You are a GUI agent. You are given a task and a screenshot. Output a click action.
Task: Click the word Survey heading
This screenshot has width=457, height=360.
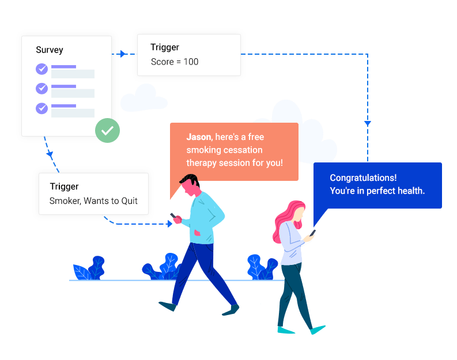point(50,50)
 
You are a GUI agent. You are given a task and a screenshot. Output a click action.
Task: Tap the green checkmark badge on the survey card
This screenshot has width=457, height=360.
point(107,131)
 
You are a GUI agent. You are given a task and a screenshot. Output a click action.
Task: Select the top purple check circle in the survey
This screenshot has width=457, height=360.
point(41,69)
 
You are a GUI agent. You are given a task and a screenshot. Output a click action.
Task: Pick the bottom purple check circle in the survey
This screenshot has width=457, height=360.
point(41,108)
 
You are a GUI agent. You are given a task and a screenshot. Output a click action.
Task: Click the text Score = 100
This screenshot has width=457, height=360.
point(174,62)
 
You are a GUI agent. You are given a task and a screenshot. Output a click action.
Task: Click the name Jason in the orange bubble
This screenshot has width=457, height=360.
point(198,137)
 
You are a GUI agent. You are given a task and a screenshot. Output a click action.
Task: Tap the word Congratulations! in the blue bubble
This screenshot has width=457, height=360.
point(363,178)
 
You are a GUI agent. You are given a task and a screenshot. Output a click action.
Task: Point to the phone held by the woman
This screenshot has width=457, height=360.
point(313,233)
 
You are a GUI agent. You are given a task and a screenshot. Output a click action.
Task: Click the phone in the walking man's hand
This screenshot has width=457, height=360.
point(172,216)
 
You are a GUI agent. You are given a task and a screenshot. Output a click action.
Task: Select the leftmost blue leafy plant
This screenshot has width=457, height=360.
point(89,269)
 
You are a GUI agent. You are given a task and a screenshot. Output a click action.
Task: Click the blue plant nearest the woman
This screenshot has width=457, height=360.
point(262,267)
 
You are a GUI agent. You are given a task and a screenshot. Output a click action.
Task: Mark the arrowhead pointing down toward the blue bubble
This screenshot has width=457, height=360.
point(368,123)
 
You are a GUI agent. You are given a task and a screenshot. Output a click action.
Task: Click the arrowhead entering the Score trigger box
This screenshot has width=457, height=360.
point(123,54)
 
